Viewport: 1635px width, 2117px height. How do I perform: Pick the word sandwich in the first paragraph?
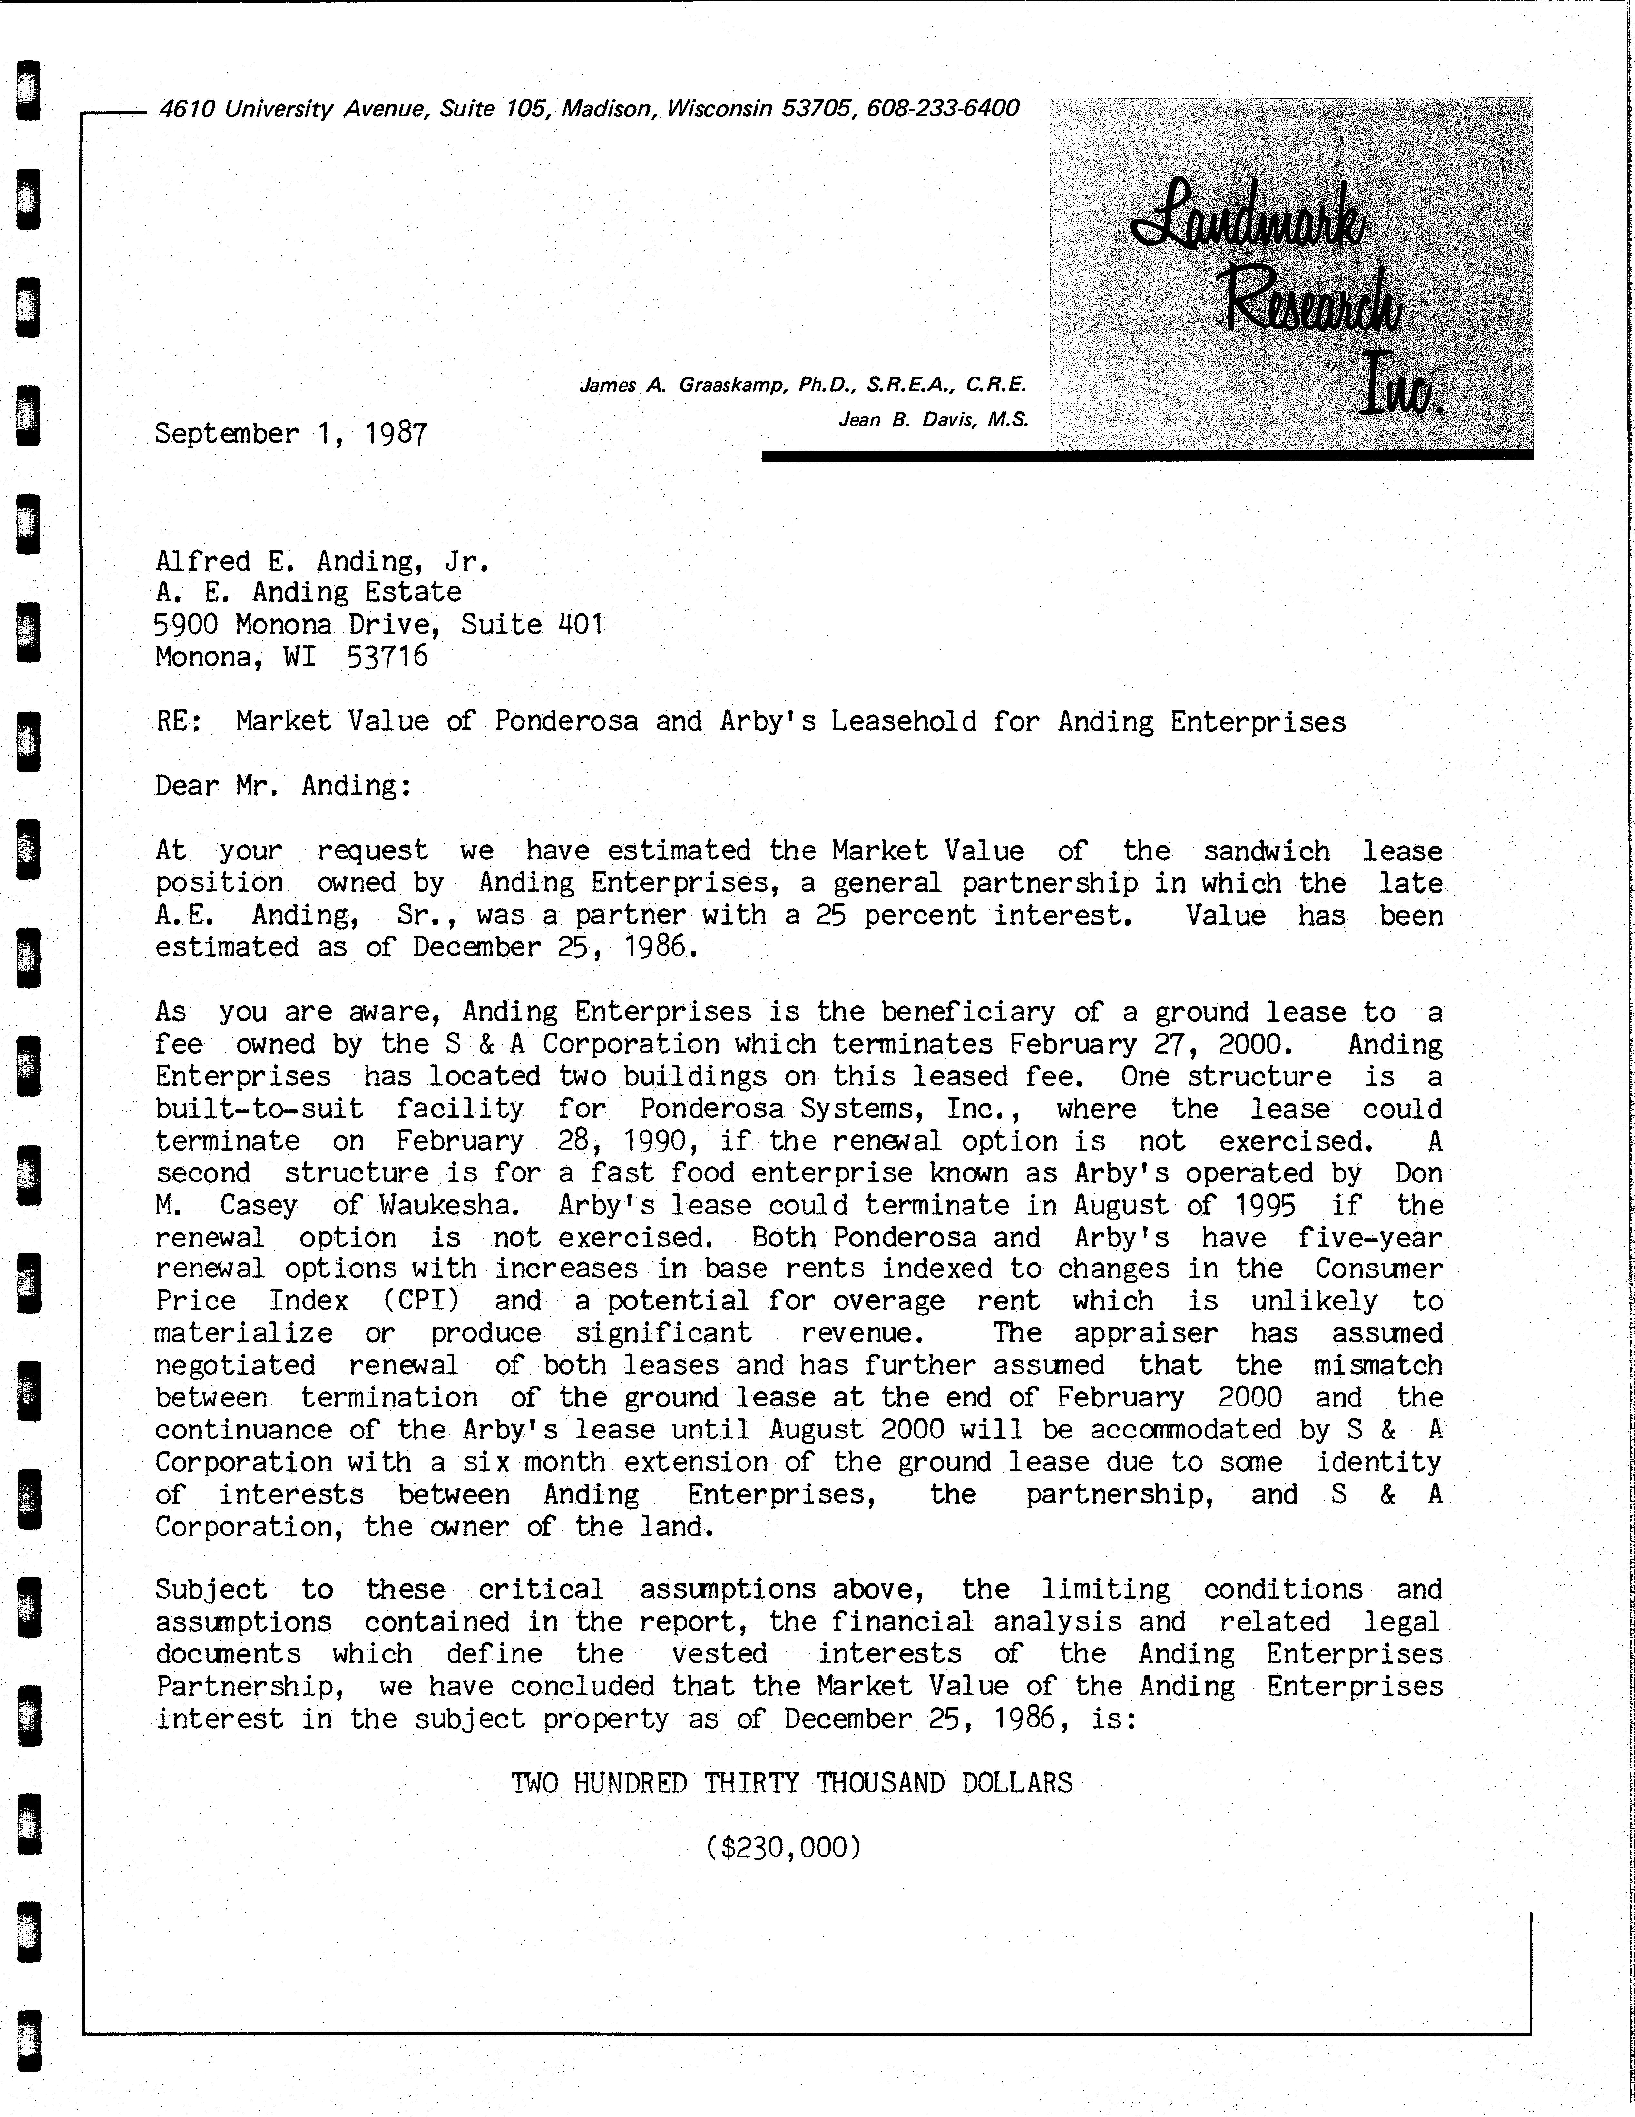(1266, 851)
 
